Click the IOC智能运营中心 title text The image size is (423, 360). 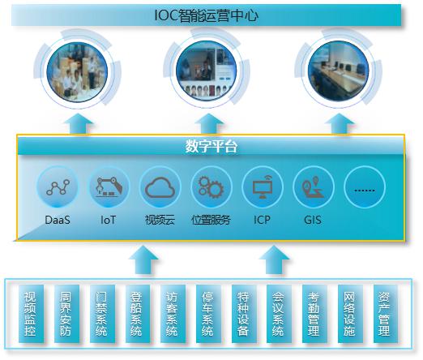pyautogui.click(x=207, y=15)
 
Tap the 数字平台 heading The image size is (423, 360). pyautogui.click(x=211, y=146)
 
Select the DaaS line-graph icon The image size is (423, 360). pyautogui.click(x=58, y=187)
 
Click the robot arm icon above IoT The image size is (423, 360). pyautogui.click(x=109, y=186)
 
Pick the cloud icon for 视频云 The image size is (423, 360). pyautogui.click(x=160, y=187)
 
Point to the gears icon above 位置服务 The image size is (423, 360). pyautogui.click(x=211, y=187)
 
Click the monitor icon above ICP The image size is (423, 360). pyautogui.click(x=263, y=187)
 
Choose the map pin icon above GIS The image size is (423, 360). pyautogui.click(x=313, y=187)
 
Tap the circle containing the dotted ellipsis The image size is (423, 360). pyautogui.click(x=365, y=187)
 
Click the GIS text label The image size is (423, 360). pyautogui.click(x=313, y=220)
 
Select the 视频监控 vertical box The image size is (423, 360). pyautogui.click(x=31, y=314)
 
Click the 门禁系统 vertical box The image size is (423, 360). pyautogui.click(x=102, y=314)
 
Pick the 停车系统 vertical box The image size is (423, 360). pyautogui.click(x=208, y=314)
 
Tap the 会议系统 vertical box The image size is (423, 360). pyautogui.click(x=279, y=314)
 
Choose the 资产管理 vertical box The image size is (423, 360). pyautogui.click(x=385, y=314)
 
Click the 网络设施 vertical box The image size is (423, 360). pyautogui.click(x=349, y=314)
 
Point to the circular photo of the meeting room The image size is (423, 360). pyautogui.click(x=339, y=71)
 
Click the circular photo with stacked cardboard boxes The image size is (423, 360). pyautogui.click(x=77, y=72)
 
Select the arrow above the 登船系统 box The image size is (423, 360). pyautogui.click(x=143, y=260)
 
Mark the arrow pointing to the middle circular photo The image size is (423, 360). pyautogui.click(x=209, y=124)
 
